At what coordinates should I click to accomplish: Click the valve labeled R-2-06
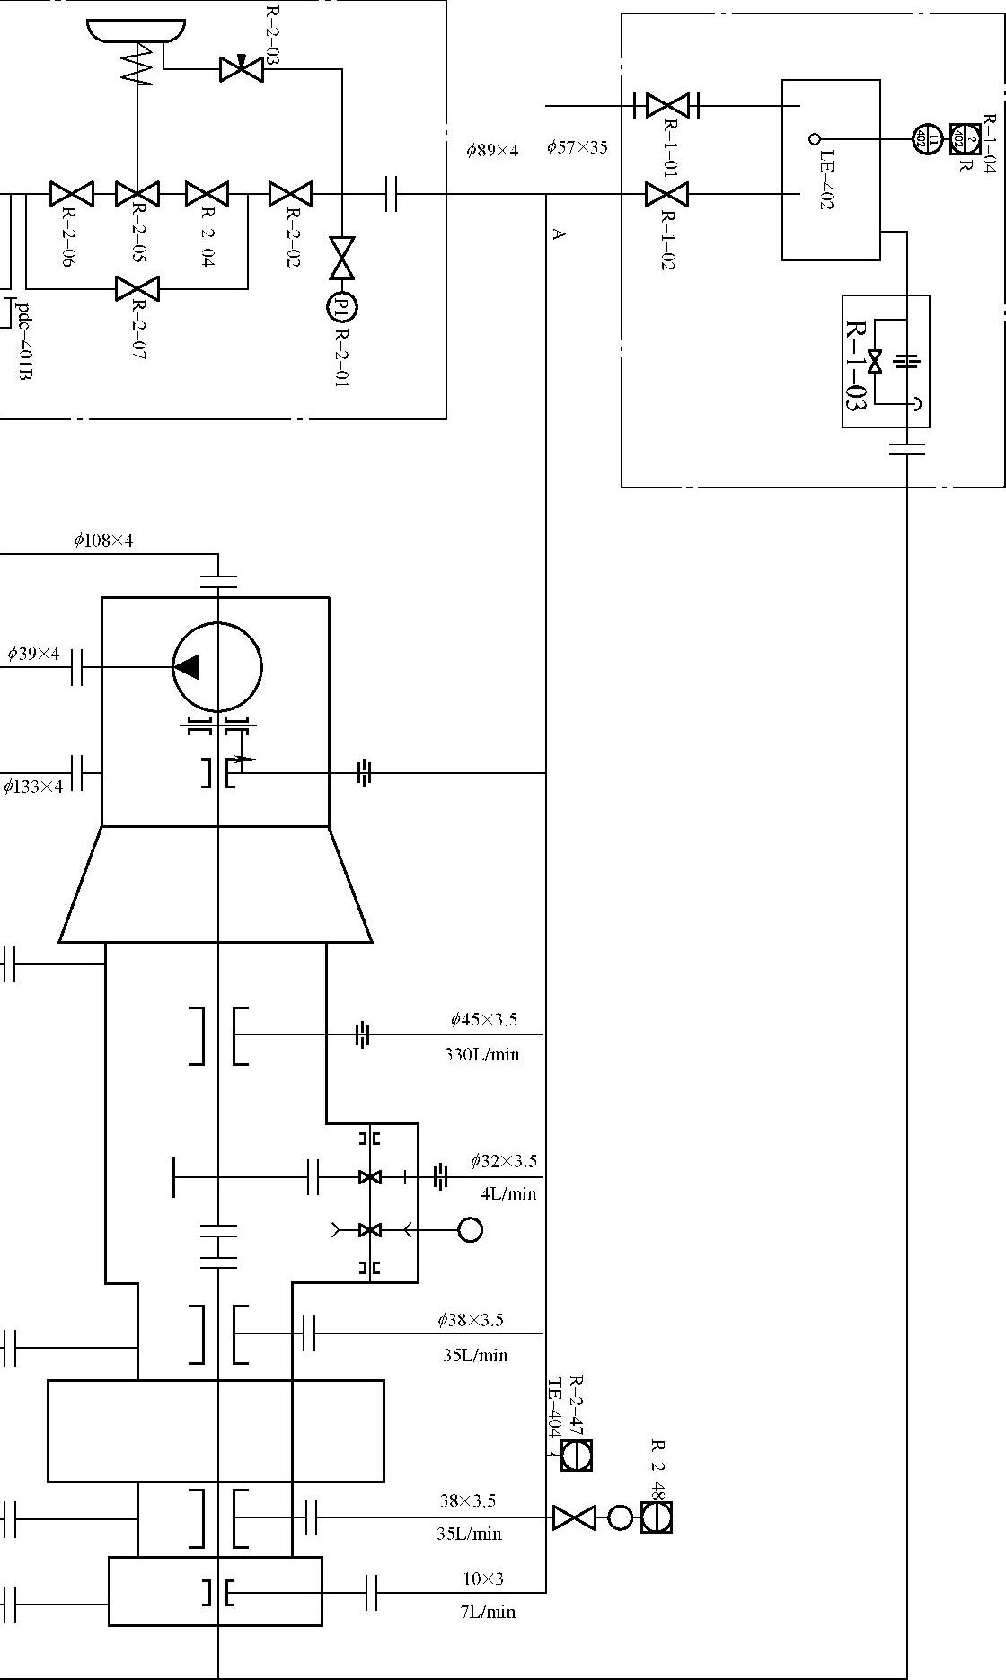tap(72, 194)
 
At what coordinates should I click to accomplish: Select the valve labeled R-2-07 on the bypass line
tap(137, 289)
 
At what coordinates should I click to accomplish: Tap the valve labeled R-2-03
tap(241, 68)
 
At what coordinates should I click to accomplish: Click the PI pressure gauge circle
tap(342, 307)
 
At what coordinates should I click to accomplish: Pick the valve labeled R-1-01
tap(666, 106)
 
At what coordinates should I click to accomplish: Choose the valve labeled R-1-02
tap(666, 194)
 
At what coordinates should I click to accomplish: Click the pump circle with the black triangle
tap(217, 667)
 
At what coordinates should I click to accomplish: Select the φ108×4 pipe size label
tap(103, 541)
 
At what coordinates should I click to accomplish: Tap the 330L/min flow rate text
tap(481, 1054)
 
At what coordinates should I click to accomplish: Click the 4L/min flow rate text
tap(508, 1193)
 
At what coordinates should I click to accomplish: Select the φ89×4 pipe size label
tap(492, 150)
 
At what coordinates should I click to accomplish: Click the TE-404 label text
tap(554, 1407)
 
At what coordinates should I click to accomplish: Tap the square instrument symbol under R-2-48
tap(657, 1517)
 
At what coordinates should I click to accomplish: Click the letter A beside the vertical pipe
tap(559, 234)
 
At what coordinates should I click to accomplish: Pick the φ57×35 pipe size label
tap(577, 147)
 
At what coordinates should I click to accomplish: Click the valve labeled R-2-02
tap(290, 194)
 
